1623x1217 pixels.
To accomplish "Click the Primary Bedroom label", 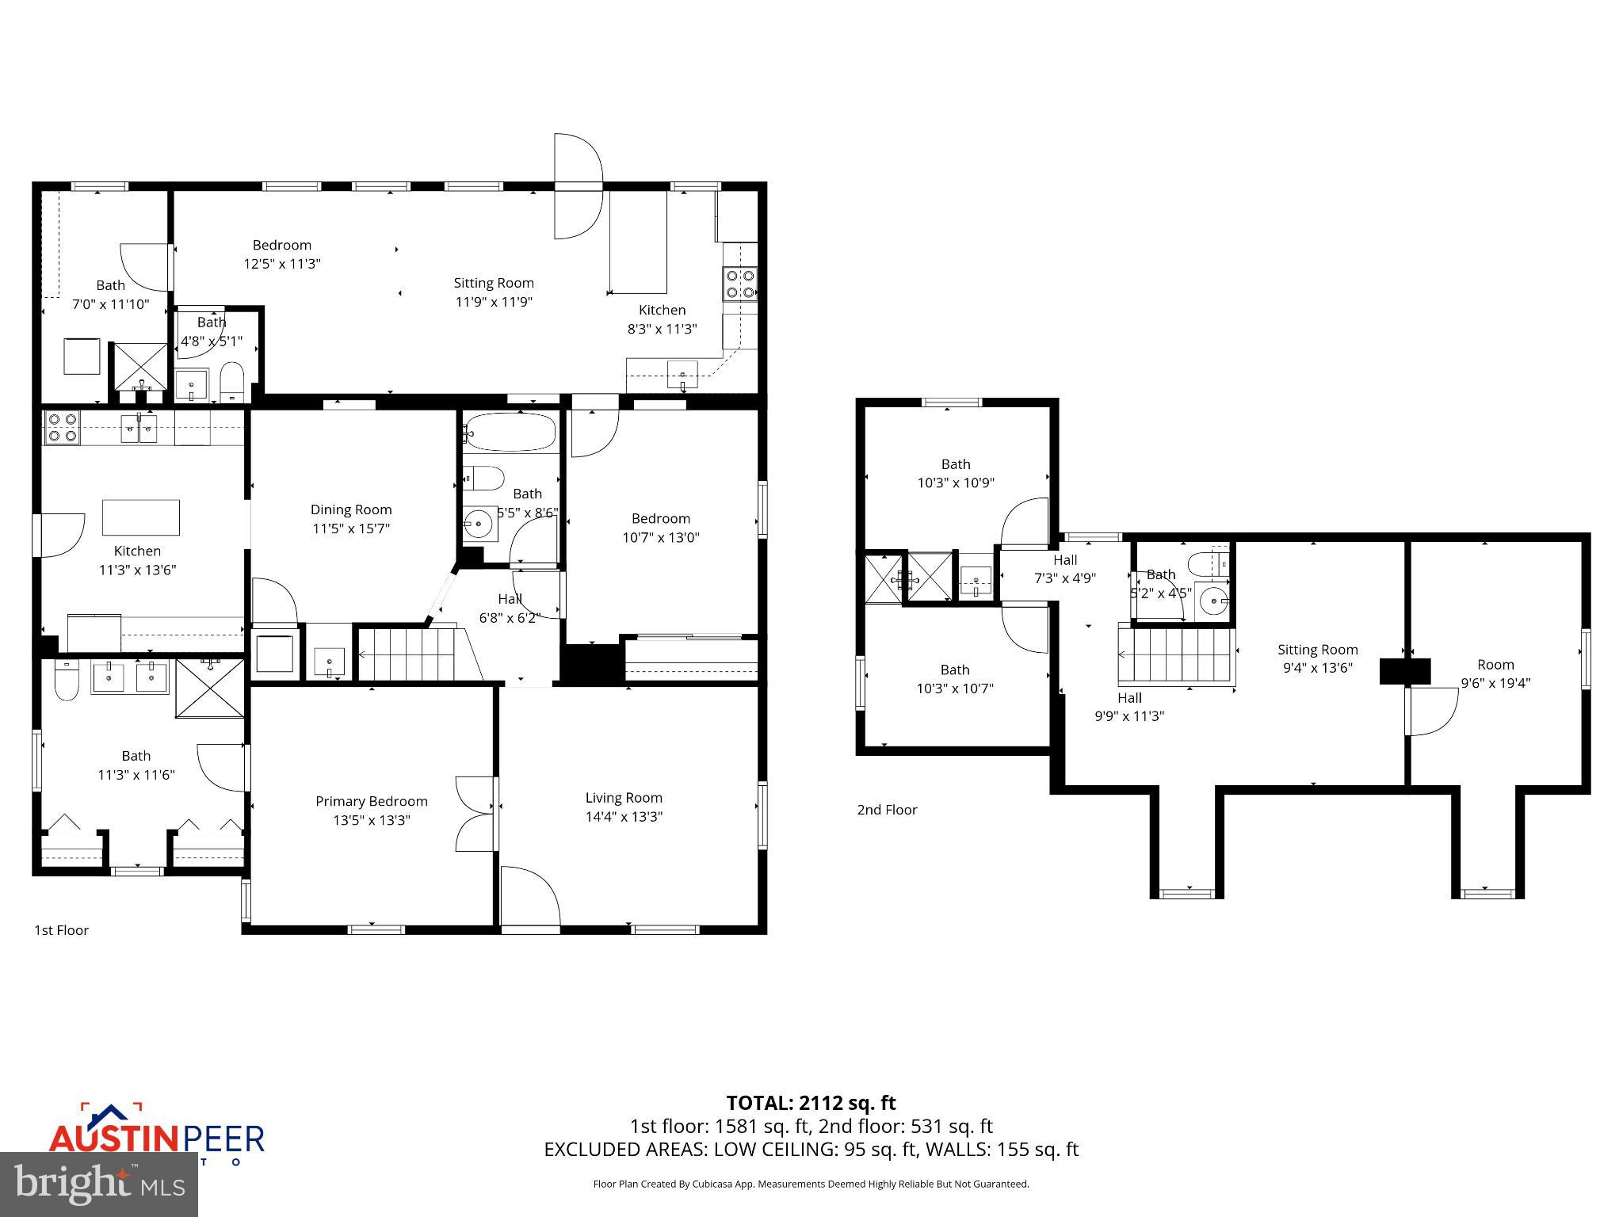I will (x=371, y=802).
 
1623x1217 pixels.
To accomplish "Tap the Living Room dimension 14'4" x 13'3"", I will (x=624, y=817).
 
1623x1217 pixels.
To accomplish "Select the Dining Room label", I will (x=350, y=509).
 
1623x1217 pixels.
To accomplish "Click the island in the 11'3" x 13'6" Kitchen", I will (x=141, y=517).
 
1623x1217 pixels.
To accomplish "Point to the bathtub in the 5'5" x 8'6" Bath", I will (x=510, y=433).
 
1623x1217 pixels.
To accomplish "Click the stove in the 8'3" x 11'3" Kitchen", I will (x=740, y=284).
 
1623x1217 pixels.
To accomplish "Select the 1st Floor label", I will (x=61, y=930).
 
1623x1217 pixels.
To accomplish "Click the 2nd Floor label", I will (x=887, y=810).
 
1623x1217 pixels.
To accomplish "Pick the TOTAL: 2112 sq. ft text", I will (x=811, y=1103).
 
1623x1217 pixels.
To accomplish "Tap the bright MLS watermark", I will (x=99, y=1184).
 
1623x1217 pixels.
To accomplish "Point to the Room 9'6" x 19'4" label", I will (x=1495, y=673).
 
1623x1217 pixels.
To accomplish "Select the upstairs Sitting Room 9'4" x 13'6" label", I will (x=1317, y=658).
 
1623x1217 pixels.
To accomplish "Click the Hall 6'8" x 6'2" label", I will (x=510, y=608).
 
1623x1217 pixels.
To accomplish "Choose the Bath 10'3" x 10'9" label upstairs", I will (x=955, y=473).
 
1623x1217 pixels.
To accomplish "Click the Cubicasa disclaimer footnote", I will (x=811, y=1184).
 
